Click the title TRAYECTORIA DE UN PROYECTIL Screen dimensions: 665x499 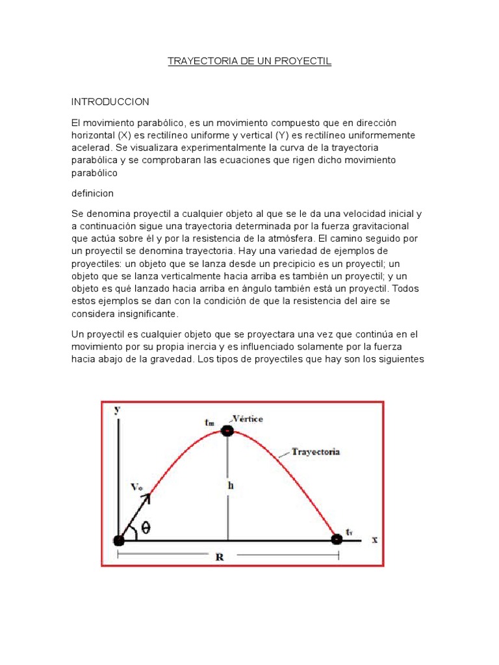[249, 62]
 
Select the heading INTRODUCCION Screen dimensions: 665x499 [110, 102]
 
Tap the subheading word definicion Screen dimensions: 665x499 [93, 193]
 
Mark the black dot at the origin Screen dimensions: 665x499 [118, 540]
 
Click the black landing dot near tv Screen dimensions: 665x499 [336, 539]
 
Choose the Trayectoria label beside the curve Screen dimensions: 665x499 [316, 451]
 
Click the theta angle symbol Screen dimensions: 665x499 [146, 529]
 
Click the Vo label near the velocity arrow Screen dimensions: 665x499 [136, 486]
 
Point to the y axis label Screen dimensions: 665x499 [116, 410]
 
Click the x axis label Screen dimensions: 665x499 [374, 540]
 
